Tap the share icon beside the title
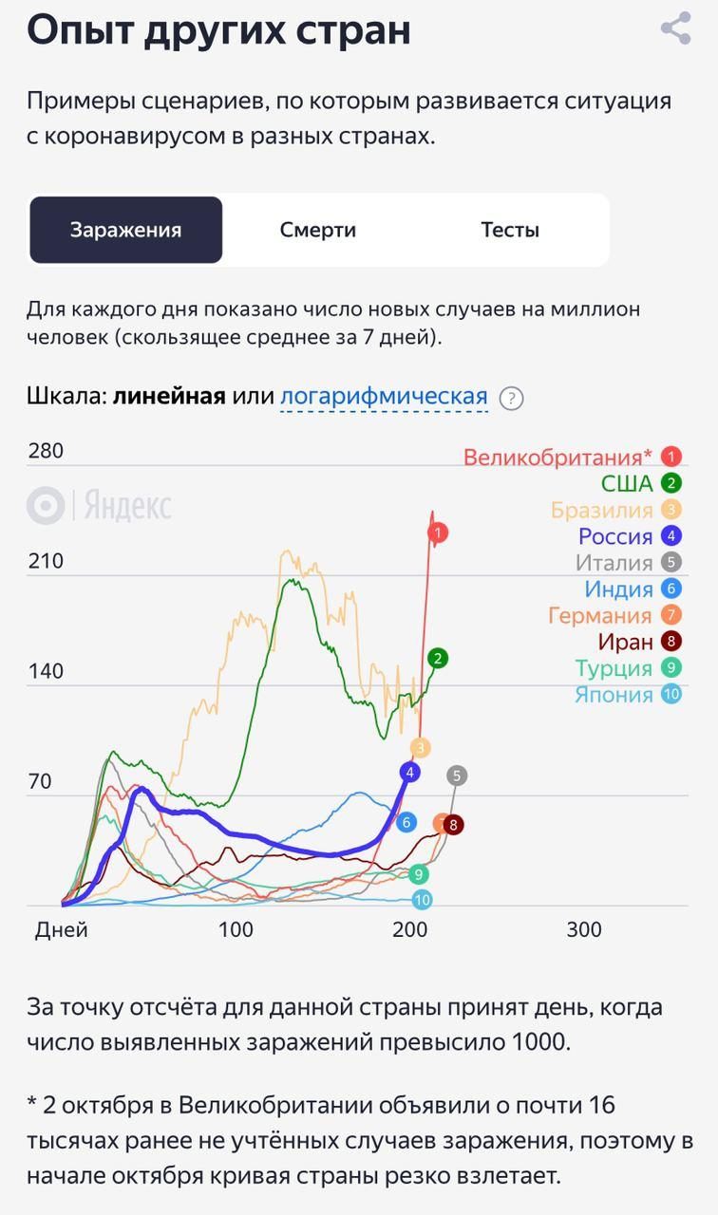click(x=675, y=28)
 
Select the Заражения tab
click(x=125, y=230)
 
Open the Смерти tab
click(x=318, y=230)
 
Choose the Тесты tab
click(x=510, y=230)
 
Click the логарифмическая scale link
click(x=384, y=397)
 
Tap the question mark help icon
click(x=512, y=398)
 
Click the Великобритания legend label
click(x=558, y=458)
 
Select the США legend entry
click(x=627, y=484)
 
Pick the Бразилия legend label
click(x=602, y=511)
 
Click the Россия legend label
click(x=615, y=536)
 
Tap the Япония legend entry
click(x=614, y=695)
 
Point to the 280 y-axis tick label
click(x=46, y=451)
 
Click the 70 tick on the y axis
click(x=39, y=783)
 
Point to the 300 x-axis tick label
click(x=583, y=930)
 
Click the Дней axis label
click(x=62, y=930)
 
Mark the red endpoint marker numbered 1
click(x=438, y=533)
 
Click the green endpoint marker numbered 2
click(x=437, y=658)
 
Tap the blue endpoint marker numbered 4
click(x=410, y=773)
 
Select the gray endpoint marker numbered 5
click(x=457, y=776)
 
